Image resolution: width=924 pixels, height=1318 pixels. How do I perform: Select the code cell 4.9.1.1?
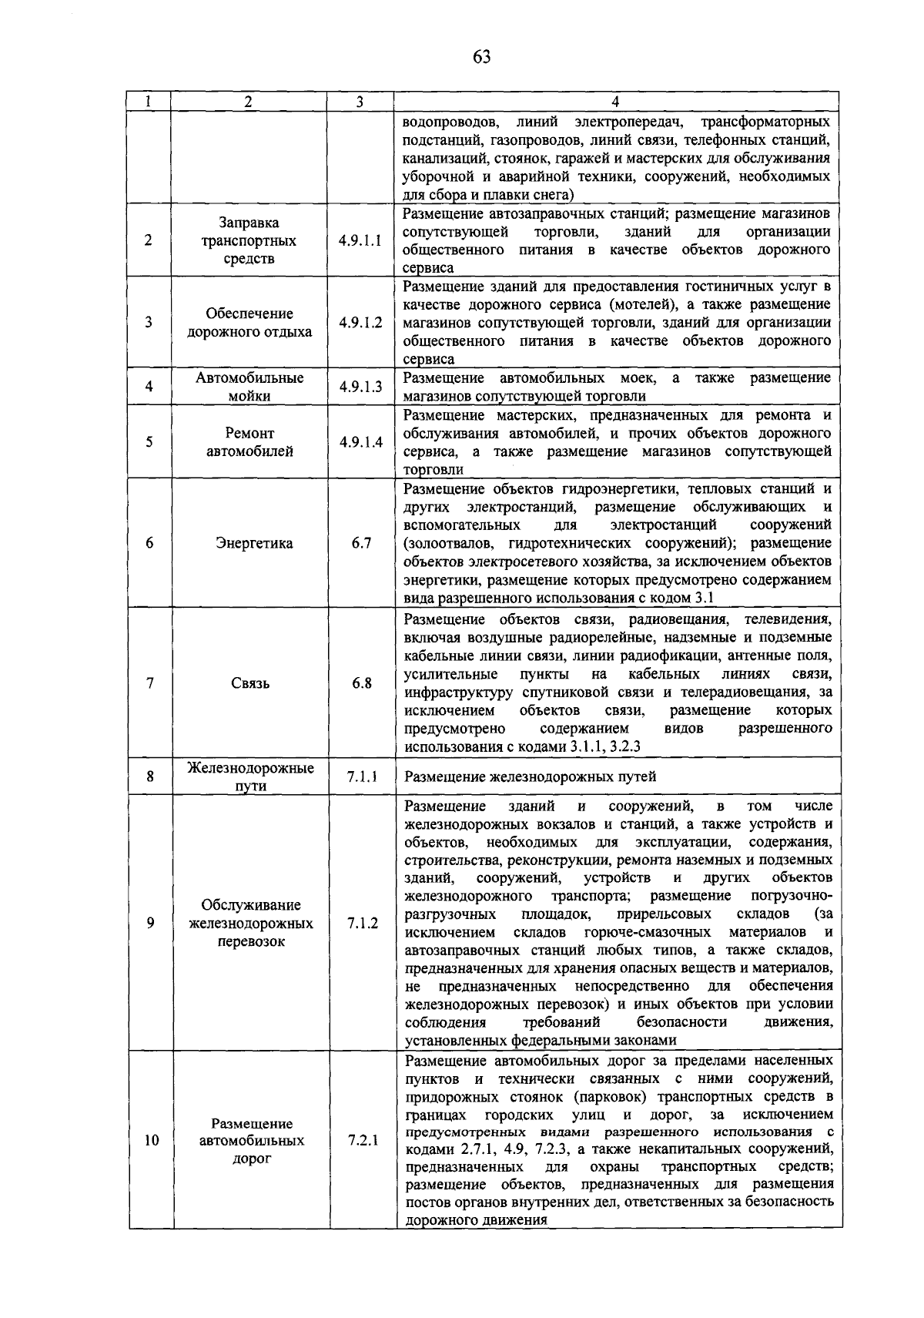tap(360, 240)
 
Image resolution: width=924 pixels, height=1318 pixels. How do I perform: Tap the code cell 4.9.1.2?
tap(360, 323)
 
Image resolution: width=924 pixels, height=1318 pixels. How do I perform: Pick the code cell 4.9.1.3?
tap(360, 387)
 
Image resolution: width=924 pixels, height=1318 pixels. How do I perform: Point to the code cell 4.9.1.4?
tap(360, 443)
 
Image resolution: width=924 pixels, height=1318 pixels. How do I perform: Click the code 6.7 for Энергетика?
tap(361, 543)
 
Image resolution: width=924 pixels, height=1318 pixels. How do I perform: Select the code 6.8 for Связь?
tap(361, 683)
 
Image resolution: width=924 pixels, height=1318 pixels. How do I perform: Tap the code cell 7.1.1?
tap(361, 776)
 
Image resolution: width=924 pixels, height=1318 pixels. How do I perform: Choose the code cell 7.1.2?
tap(361, 923)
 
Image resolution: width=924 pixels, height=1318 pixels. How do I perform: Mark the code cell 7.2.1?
tap(361, 1140)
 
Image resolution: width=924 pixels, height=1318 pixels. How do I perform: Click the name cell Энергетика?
tap(254, 544)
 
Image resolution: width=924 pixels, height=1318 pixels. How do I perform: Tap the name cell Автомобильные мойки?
tap(249, 387)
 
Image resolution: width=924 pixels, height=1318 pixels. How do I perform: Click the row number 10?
tap(151, 1140)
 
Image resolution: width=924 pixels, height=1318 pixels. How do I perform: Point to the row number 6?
tap(149, 543)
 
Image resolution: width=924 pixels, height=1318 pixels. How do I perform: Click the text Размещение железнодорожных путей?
tap(530, 777)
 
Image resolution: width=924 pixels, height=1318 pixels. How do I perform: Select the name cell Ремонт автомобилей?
tap(249, 443)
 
